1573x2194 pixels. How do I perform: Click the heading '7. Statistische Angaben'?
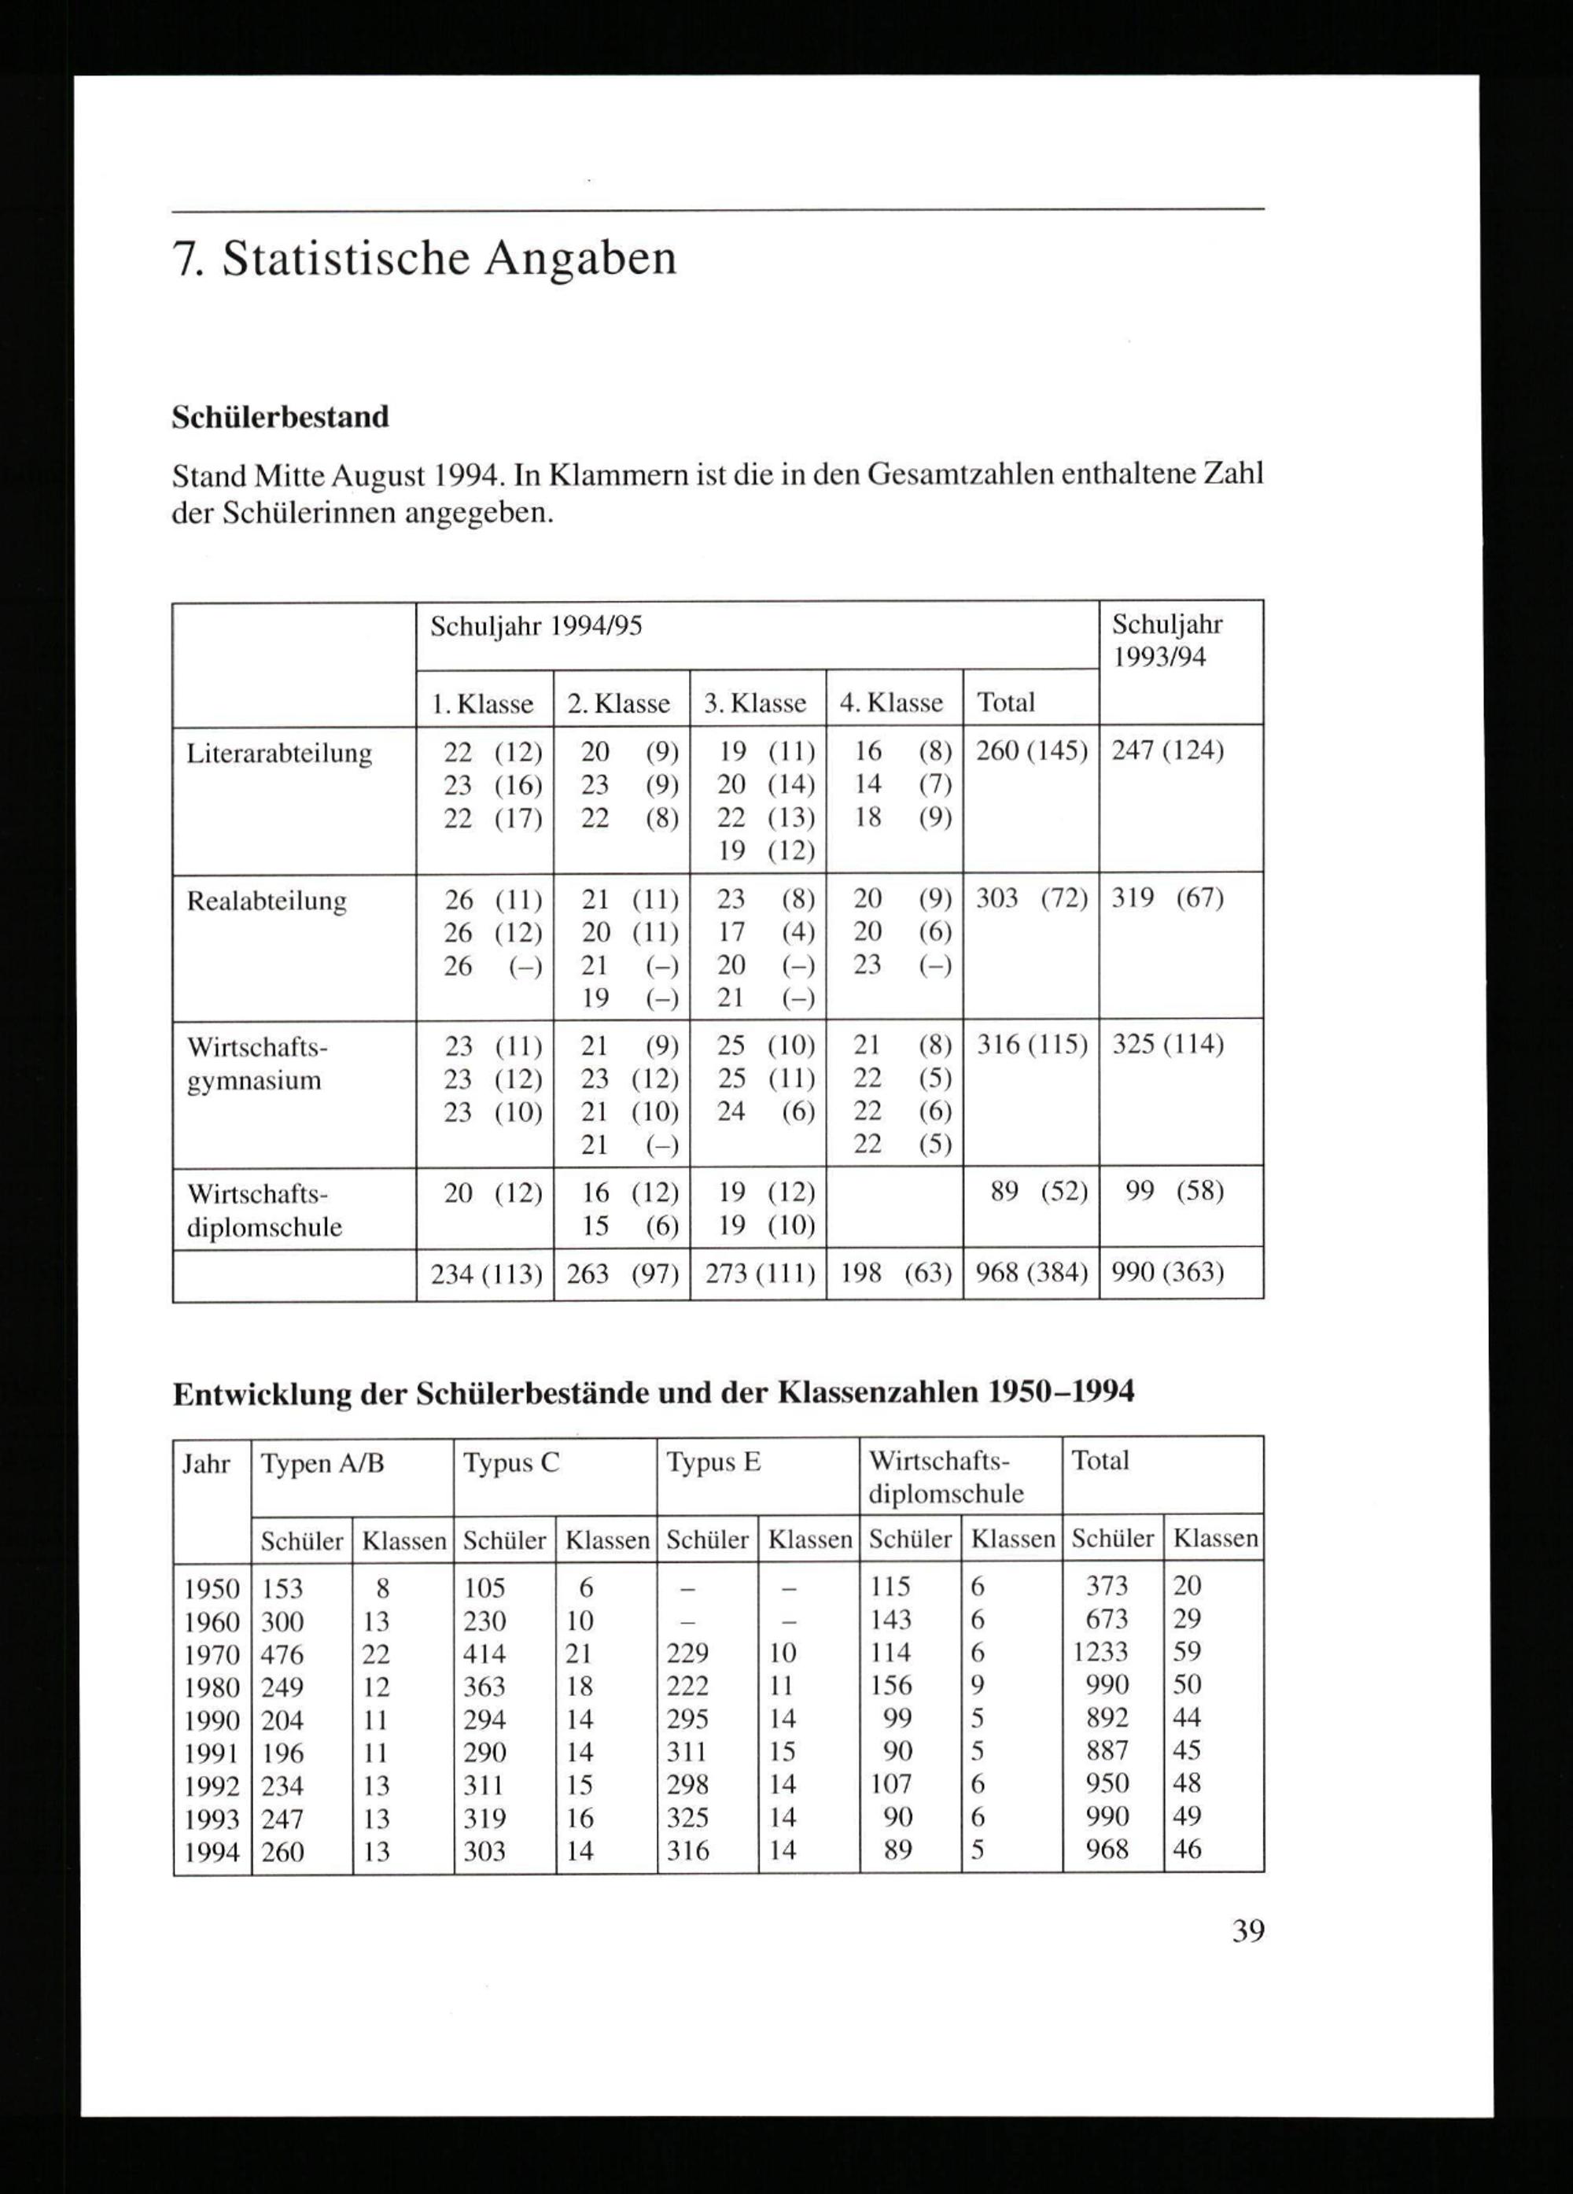pyautogui.click(x=424, y=260)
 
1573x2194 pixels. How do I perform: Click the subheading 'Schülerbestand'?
pyautogui.click(x=281, y=417)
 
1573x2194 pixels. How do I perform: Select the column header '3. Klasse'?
pyautogui.click(x=754, y=702)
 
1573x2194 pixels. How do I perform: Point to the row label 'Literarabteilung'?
pyautogui.click(x=278, y=753)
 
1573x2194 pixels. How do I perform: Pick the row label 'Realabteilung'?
pyautogui.click(x=266, y=901)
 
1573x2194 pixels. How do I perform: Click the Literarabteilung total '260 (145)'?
pyautogui.click(x=1031, y=750)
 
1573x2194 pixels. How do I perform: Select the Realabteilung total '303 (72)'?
pyautogui.click(x=1031, y=898)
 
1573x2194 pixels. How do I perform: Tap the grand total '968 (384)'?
pyautogui.click(x=1031, y=1272)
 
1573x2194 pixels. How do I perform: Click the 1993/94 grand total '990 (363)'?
pyautogui.click(x=1168, y=1272)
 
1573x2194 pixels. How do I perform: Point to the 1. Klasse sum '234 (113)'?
pyautogui.click(x=485, y=1274)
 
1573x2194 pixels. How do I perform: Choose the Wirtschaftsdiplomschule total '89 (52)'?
pyautogui.click(x=1039, y=1191)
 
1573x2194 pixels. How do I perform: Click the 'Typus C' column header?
pyautogui.click(x=510, y=1462)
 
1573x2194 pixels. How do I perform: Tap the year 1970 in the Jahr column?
pyautogui.click(x=212, y=1654)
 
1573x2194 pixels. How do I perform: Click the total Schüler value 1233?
pyautogui.click(x=1101, y=1652)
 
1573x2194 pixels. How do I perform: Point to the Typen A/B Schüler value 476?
pyautogui.click(x=282, y=1654)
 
